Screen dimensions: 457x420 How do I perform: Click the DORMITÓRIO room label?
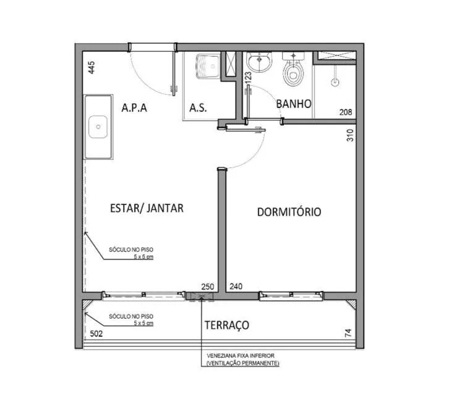coord(289,212)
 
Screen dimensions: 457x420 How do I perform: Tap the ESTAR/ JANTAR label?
coord(147,208)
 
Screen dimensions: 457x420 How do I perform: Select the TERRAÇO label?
coord(227,325)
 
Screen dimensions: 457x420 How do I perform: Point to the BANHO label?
coord(294,104)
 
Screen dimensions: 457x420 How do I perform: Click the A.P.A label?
coord(134,108)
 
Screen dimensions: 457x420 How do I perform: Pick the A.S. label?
coord(198,108)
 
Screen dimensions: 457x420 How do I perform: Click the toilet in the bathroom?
coord(293,69)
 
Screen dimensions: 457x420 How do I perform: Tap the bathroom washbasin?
coord(259,62)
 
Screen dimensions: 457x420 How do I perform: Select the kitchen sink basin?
coord(98,127)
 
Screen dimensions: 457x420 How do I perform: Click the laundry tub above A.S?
coord(208,66)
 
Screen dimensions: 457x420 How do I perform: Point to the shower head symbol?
coord(335,82)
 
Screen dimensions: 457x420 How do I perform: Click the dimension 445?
coord(92,67)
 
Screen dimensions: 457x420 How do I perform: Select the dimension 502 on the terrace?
coord(96,334)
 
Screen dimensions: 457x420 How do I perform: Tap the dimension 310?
coord(350,135)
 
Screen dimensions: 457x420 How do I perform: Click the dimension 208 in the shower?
coord(346,112)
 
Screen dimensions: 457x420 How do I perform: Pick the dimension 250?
coord(208,287)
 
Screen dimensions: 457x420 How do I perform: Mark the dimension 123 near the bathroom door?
coord(248,78)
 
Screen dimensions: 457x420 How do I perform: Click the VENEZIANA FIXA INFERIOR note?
coord(241,356)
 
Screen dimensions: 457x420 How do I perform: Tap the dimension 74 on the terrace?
coord(348,333)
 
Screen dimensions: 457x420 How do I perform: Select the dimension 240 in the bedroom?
coord(236,287)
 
